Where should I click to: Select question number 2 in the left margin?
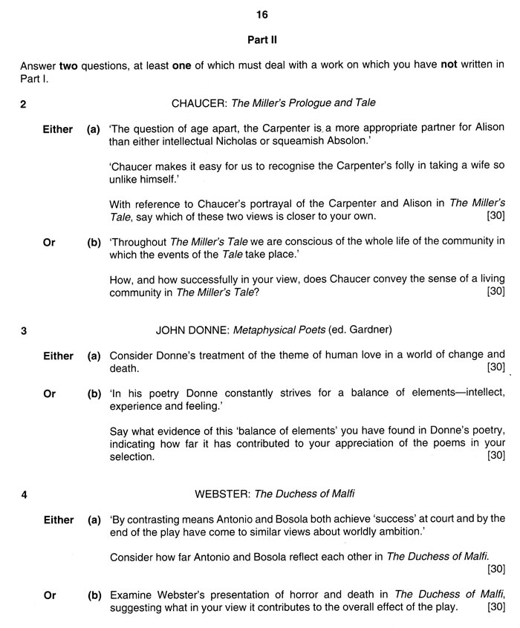tap(24, 104)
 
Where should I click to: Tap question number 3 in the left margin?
tap(24, 331)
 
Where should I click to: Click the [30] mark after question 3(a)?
tap(495, 367)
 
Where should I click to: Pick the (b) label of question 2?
tap(94, 242)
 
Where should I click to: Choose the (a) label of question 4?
tap(94, 520)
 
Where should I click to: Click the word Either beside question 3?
tap(58, 356)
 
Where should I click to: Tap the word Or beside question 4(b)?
tap(50, 595)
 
